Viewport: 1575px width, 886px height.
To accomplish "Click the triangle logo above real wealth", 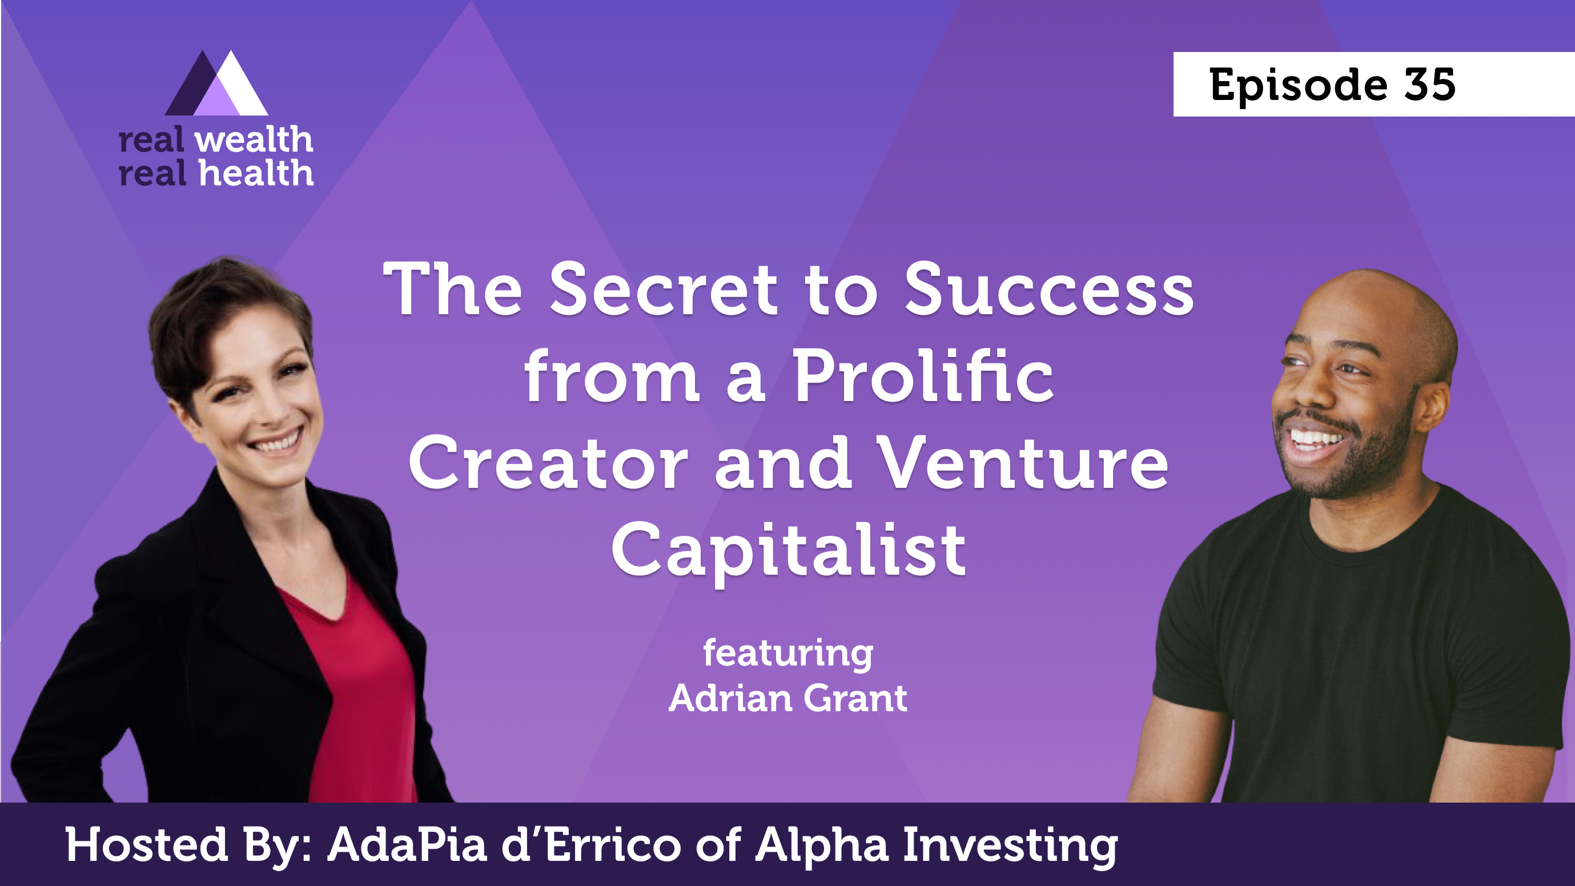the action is click(216, 83).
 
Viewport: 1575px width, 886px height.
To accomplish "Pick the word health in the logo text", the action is click(256, 173).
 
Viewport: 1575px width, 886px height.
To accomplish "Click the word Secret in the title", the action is click(664, 288).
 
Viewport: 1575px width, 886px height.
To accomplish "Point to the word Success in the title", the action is click(1048, 288).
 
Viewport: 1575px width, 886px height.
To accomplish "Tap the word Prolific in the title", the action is click(924, 375).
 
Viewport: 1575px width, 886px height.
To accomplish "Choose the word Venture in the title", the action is click(1022, 463).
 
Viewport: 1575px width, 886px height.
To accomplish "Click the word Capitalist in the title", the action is click(789, 550).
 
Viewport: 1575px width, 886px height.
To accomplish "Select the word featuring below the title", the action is click(788, 654).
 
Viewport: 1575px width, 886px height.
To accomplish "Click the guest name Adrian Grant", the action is click(788, 697).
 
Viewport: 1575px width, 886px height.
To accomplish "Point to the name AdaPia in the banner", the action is click(407, 844).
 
